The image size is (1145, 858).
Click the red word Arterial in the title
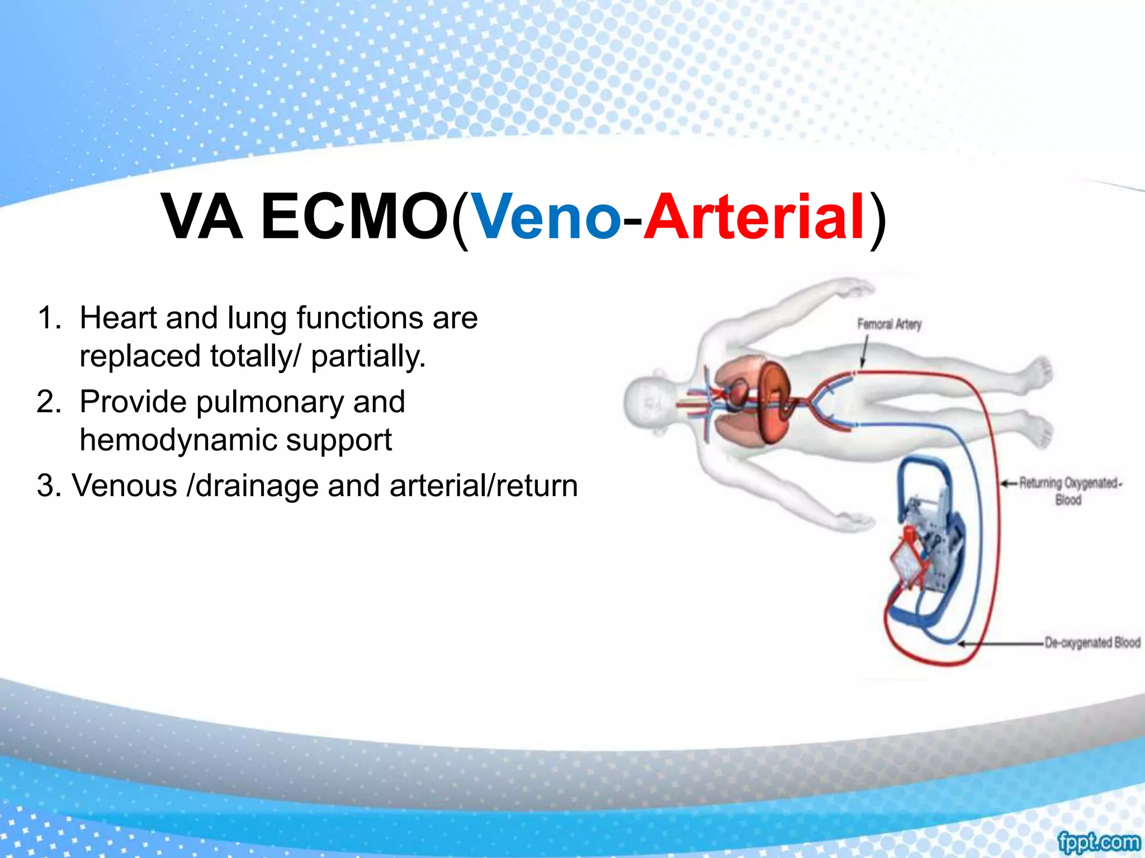(x=755, y=217)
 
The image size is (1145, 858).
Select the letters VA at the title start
(x=202, y=217)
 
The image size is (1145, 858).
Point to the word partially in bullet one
(x=368, y=356)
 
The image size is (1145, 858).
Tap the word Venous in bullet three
(x=124, y=485)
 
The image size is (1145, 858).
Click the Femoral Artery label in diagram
(x=889, y=324)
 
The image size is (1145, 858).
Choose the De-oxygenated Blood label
(x=1092, y=642)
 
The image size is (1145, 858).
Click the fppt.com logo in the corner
(x=1098, y=841)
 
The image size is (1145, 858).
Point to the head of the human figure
(x=649, y=403)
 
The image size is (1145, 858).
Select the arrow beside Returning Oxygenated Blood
(x=1009, y=483)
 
